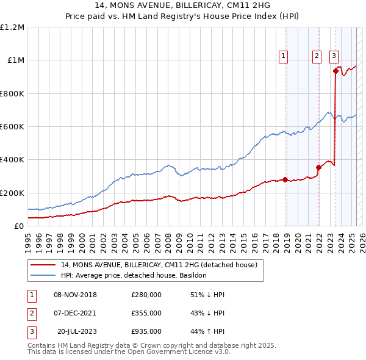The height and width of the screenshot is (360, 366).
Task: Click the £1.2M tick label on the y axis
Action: [x=12, y=27]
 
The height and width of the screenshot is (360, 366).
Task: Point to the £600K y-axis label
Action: [x=12, y=127]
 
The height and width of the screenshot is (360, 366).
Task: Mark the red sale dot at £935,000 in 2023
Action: [x=335, y=71]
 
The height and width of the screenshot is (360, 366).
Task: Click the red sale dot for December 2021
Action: [x=318, y=167]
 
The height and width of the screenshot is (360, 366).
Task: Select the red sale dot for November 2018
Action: [x=285, y=179]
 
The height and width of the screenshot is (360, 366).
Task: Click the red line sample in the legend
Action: [x=43, y=265]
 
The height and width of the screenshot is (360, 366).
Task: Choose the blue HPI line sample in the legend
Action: [x=43, y=275]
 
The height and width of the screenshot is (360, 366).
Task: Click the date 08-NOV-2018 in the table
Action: [x=75, y=295]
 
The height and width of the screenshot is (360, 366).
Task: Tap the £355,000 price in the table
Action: [x=146, y=313]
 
